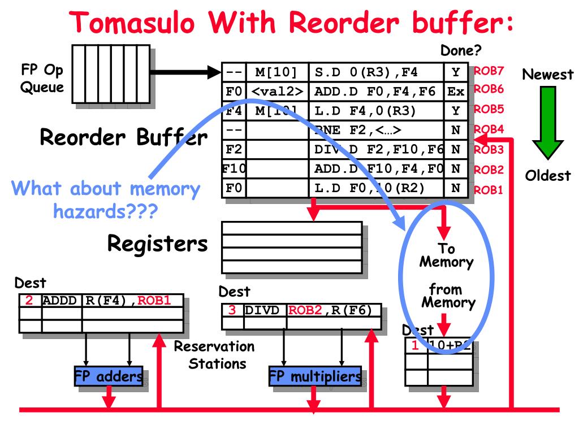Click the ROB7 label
click(489, 71)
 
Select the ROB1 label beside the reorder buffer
click(489, 190)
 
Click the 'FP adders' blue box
click(109, 377)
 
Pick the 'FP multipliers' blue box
click(315, 377)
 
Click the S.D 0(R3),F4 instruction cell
click(377, 72)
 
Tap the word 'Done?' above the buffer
click(461, 50)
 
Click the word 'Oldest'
click(548, 176)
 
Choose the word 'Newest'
click(547, 74)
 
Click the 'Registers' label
click(157, 244)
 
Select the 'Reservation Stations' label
click(214, 354)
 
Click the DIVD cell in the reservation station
click(265, 310)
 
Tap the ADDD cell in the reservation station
click(62, 300)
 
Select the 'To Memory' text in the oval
click(446, 255)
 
